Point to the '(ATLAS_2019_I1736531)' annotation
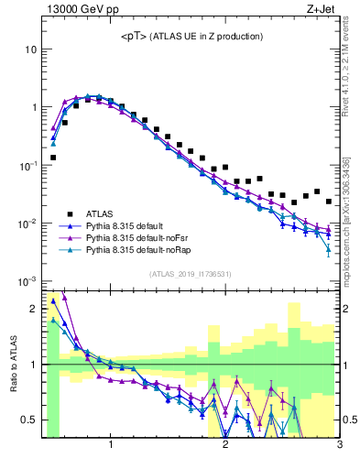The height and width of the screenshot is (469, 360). [x=191, y=274]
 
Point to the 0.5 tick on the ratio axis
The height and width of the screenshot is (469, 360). [x=28, y=420]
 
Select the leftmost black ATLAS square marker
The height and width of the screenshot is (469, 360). [x=53, y=158]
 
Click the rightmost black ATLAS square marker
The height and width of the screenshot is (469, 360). [x=328, y=202]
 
